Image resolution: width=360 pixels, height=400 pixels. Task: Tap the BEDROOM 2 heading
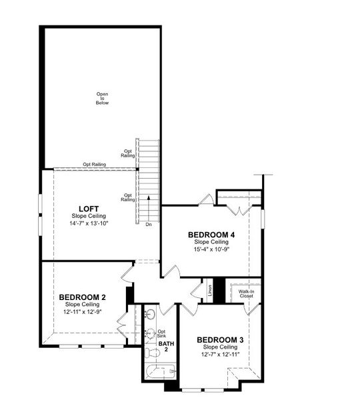(82, 297)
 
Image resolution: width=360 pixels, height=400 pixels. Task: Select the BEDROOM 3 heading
(219, 340)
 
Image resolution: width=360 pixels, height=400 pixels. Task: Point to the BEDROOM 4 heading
(211, 235)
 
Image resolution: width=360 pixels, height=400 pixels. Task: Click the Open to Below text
(101, 98)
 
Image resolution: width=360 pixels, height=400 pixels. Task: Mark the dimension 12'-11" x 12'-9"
(82, 311)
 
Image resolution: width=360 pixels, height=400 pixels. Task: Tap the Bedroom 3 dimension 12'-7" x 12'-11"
(219, 355)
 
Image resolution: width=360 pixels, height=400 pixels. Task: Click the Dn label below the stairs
(148, 225)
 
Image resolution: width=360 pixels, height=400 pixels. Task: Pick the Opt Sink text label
(161, 333)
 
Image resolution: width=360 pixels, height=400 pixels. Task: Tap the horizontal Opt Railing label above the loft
(95, 164)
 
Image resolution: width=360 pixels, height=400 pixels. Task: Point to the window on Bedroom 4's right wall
(263, 218)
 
